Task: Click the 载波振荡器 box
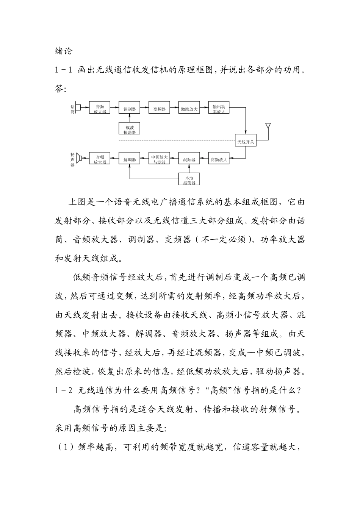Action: (x=130, y=129)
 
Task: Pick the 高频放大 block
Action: (x=219, y=159)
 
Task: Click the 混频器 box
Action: (x=189, y=159)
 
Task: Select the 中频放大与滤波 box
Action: (x=159, y=159)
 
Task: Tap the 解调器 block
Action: (x=130, y=159)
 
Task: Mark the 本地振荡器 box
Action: (x=189, y=180)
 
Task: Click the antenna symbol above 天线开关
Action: (x=268, y=125)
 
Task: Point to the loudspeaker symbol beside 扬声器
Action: (x=79, y=158)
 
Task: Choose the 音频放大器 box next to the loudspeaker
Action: (x=100, y=159)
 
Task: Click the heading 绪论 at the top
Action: (x=63, y=51)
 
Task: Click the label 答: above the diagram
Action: (x=61, y=89)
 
